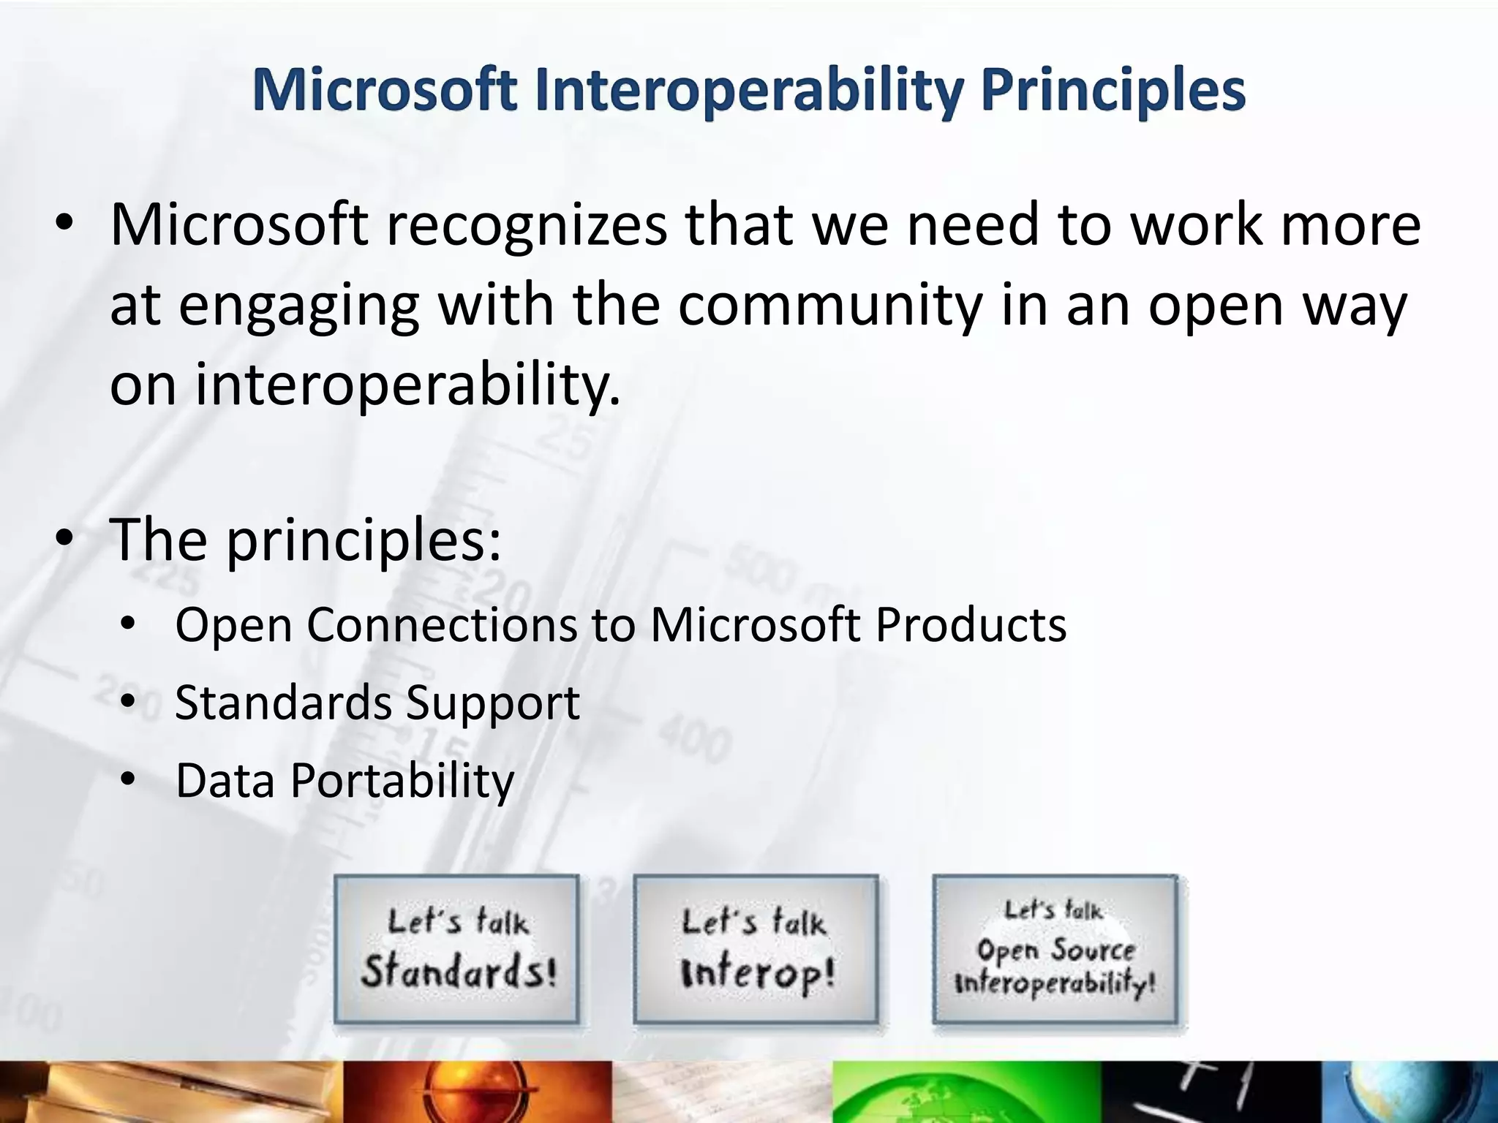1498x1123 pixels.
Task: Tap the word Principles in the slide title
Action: pyautogui.click(x=1113, y=91)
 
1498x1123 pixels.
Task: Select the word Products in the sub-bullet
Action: pyautogui.click(x=971, y=625)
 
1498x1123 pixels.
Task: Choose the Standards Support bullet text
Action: pyautogui.click(x=377, y=703)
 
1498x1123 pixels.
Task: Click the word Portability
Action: pyautogui.click(x=402, y=782)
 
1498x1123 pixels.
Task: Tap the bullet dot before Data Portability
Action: pyautogui.click(x=129, y=780)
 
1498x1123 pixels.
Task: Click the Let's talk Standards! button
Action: pyautogui.click(x=457, y=949)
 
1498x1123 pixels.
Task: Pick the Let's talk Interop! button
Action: pyautogui.click(x=756, y=949)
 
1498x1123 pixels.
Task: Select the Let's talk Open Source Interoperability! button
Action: pyautogui.click(x=1055, y=949)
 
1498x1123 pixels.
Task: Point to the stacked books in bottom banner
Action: pyautogui.click(x=168, y=1093)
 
